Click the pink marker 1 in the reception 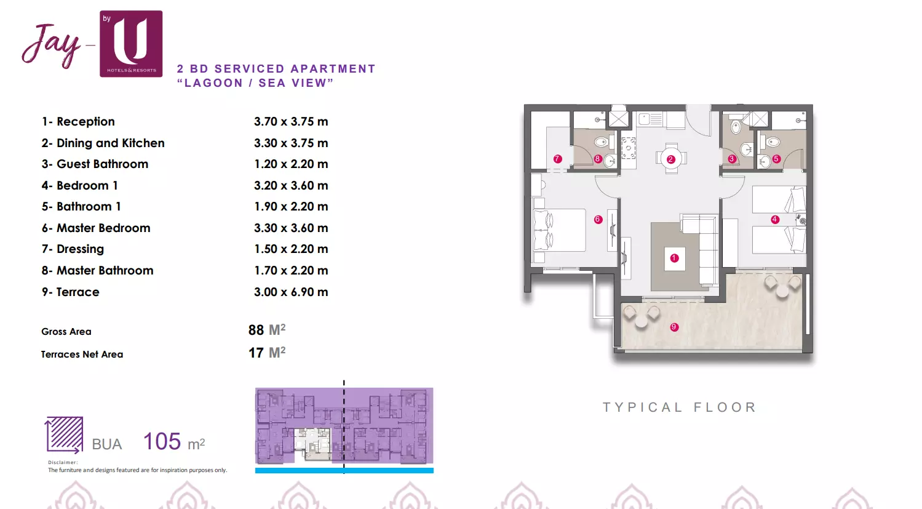click(x=674, y=259)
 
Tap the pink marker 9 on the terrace click(x=674, y=327)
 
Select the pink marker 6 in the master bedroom click(x=598, y=220)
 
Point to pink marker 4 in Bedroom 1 click(x=774, y=220)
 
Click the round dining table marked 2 click(x=671, y=159)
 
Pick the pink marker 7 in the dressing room click(x=558, y=159)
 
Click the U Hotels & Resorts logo click(x=131, y=44)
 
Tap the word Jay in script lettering click(x=52, y=46)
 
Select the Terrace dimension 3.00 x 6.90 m click(x=291, y=292)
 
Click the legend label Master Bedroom click(x=103, y=228)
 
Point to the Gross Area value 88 click(x=256, y=330)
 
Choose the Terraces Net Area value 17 click(x=256, y=353)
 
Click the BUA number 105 click(x=162, y=441)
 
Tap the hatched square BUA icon click(x=64, y=435)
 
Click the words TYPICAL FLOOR click(x=680, y=407)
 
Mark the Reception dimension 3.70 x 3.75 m click(x=291, y=121)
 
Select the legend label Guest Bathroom click(x=102, y=164)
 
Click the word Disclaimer click(x=63, y=462)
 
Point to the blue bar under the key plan click(x=344, y=470)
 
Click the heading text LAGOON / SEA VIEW click(x=255, y=82)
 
